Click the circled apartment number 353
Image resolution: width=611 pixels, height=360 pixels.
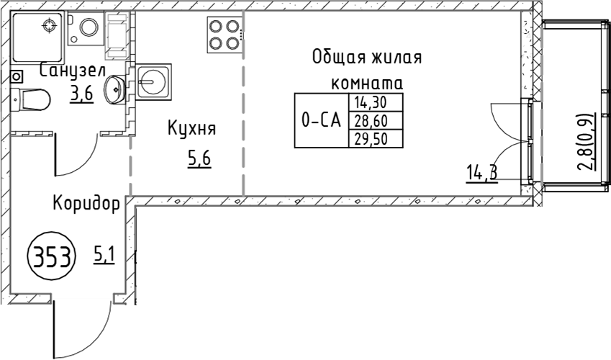coord(52,257)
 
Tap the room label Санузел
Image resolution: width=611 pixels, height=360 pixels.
coord(73,71)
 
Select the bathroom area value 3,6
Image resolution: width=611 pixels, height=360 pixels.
coord(82,94)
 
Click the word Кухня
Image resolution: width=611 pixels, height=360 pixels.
coord(191,128)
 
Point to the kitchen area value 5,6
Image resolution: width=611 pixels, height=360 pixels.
coord(199,159)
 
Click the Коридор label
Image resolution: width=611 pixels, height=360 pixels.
coord(86,204)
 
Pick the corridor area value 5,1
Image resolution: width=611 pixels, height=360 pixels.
coord(104,256)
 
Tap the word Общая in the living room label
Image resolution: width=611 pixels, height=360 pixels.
coord(340,58)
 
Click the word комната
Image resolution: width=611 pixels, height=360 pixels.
coord(367,84)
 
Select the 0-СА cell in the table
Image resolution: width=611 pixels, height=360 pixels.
coord(322,120)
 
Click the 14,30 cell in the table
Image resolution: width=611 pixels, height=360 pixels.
coord(376,102)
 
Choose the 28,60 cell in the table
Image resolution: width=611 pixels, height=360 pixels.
coord(376,120)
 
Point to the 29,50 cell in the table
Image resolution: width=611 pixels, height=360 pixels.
coord(376,138)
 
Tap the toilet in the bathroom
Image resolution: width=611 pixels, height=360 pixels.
coord(30,100)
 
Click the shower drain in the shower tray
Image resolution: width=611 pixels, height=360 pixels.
coord(49,26)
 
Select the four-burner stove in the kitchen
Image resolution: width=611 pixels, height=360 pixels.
coord(224,35)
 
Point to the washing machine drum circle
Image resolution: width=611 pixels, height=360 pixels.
coord(88,27)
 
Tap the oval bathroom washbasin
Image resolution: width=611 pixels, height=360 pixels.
coord(114,90)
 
